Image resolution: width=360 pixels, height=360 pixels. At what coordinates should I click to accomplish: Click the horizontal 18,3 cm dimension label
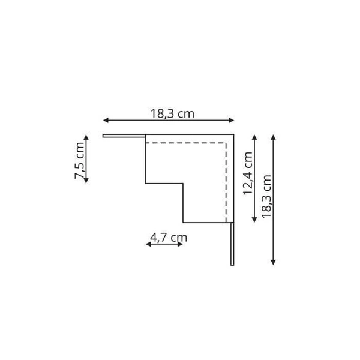pos(172,112)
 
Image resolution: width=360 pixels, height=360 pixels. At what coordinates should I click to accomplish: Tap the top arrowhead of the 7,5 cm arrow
pos(86,137)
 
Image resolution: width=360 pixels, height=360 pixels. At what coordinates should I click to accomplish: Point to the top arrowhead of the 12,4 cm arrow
pos(255,136)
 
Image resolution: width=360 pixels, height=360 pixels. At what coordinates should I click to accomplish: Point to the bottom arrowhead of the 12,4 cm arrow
pos(255,220)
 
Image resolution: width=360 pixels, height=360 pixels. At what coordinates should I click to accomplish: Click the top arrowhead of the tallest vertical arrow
pos(274,137)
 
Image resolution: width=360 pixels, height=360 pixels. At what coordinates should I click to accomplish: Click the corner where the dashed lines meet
pos(226,143)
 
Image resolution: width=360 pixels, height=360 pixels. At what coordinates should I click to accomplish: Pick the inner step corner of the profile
pos(183,182)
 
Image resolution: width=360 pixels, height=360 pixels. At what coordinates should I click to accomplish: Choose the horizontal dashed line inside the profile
pos(186,143)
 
